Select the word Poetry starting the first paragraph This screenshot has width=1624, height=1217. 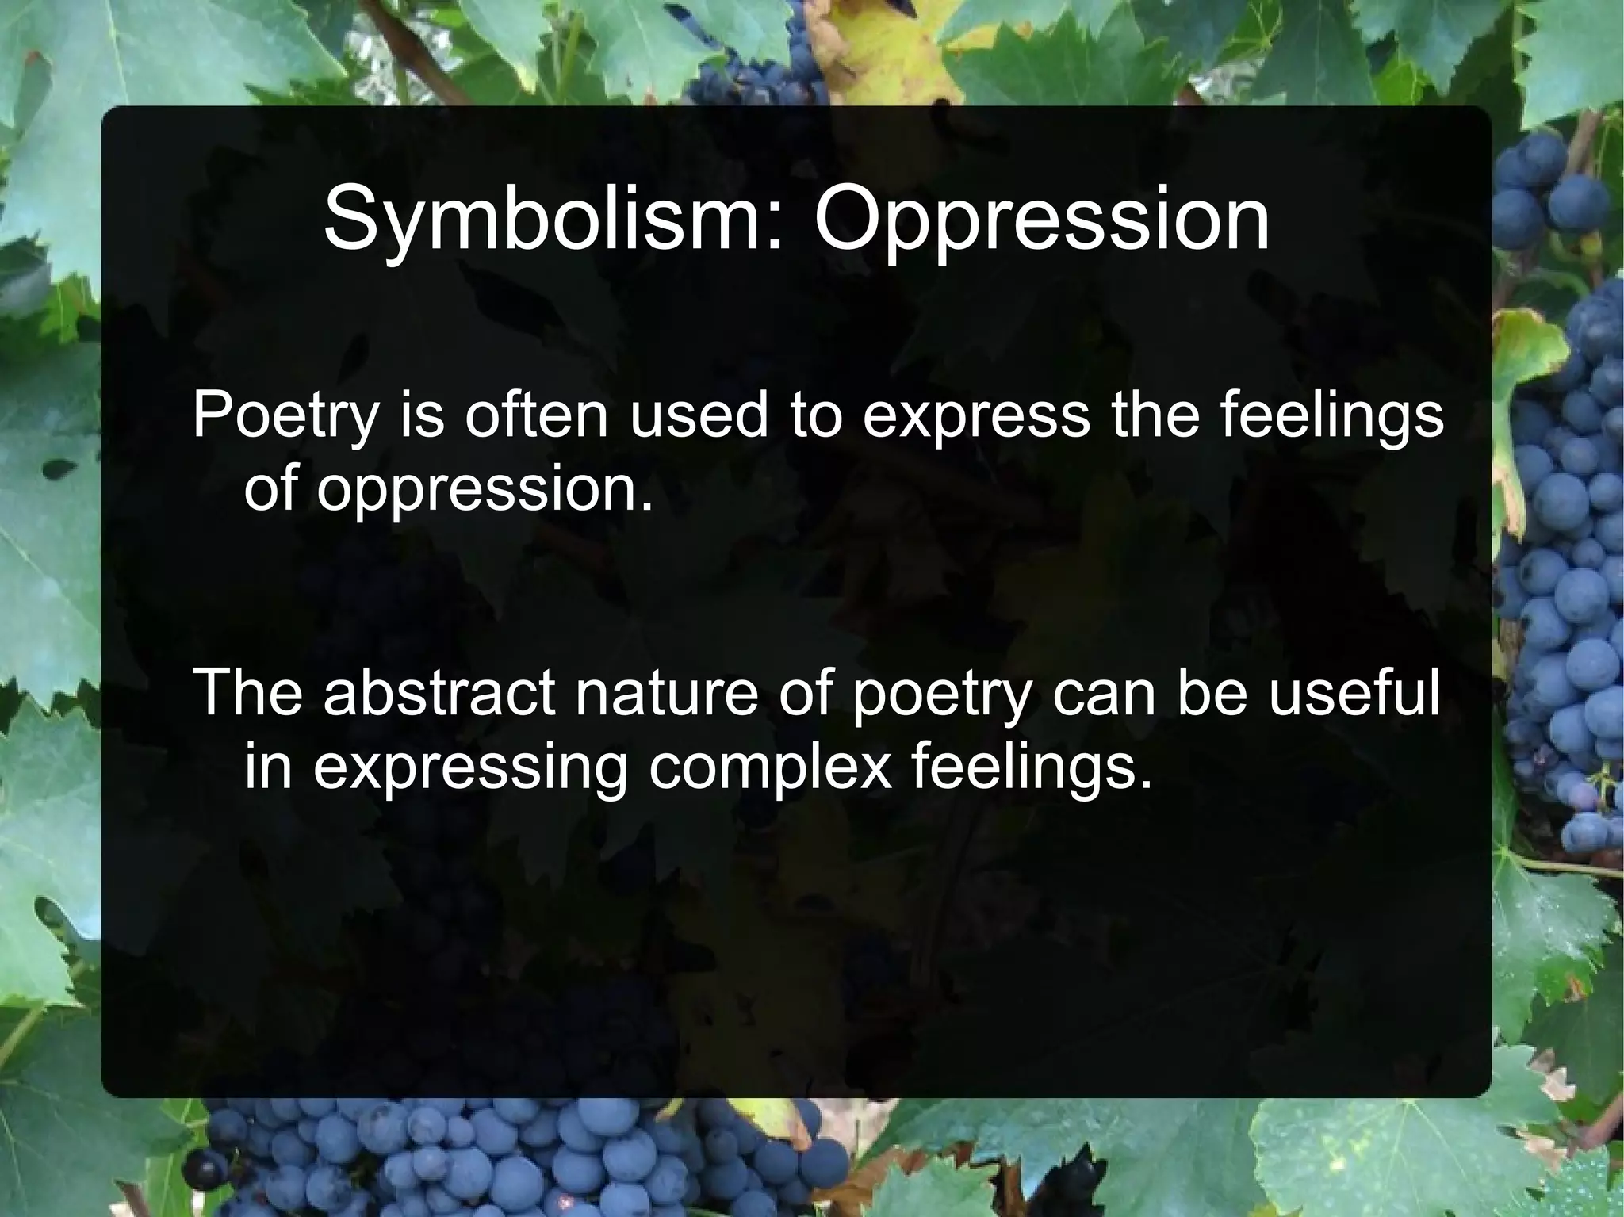pos(285,416)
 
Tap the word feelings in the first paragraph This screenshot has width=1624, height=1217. pos(1332,416)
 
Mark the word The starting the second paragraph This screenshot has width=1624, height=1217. pos(247,692)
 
